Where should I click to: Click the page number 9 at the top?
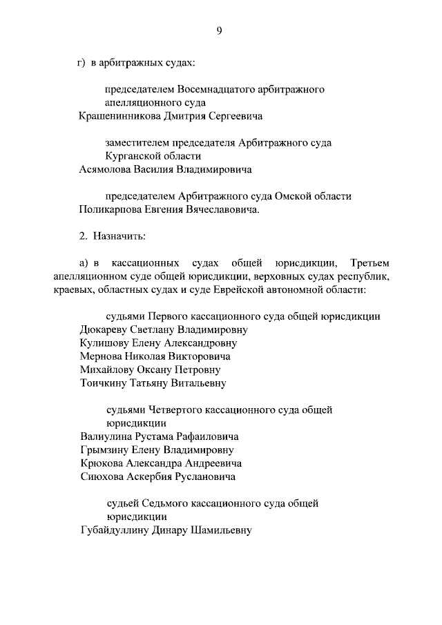click(218, 30)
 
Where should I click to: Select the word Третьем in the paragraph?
click(369, 263)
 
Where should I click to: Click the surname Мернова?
click(102, 356)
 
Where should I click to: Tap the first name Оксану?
click(160, 369)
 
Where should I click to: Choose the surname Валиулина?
click(107, 436)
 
